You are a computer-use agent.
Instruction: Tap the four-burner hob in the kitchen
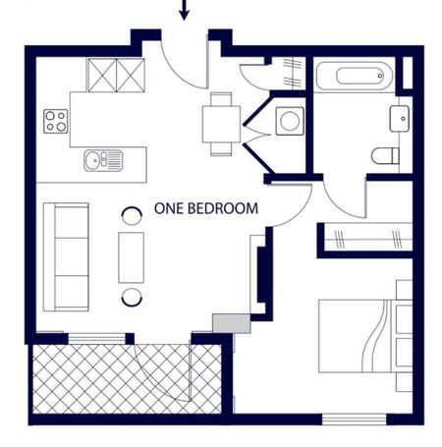pyautogui.click(x=56, y=122)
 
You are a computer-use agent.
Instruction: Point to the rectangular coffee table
pyautogui.click(x=131, y=256)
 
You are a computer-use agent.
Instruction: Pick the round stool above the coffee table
pyautogui.click(x=131, y=215)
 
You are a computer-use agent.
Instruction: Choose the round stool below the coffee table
pyautogui.click(x=131, y=297)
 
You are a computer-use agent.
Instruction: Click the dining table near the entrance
pyautogui.click(x=221, y=124)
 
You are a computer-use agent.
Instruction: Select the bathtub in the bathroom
pyautogui.click(x=354, y=76)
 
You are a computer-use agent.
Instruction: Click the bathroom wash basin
pyautogui.click(x=400, y=119)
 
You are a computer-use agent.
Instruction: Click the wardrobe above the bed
pyautogui.click(x=367, y=238)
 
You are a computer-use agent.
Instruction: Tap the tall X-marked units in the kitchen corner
pyautogui.click(x=115, y=75)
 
